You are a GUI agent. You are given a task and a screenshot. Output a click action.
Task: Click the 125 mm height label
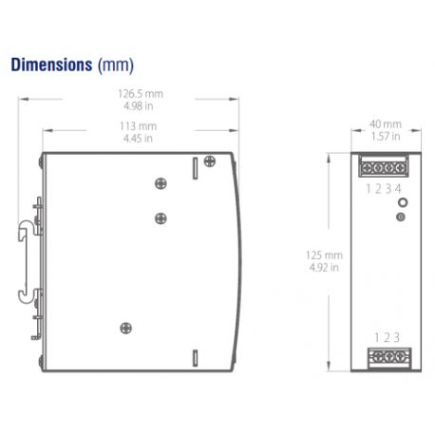coord(324,255)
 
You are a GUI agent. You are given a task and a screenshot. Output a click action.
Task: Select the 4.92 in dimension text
coord(324,268)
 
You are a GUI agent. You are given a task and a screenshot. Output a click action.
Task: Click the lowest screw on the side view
coord(125,329)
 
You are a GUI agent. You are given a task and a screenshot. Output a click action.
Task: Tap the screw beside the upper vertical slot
coord(161,183)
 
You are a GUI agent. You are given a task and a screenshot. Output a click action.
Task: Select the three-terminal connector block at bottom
coord(385,357)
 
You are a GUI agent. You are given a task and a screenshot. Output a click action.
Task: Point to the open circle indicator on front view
coord(402,202)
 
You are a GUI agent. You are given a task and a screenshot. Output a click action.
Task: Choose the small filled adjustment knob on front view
coord(401,217)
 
